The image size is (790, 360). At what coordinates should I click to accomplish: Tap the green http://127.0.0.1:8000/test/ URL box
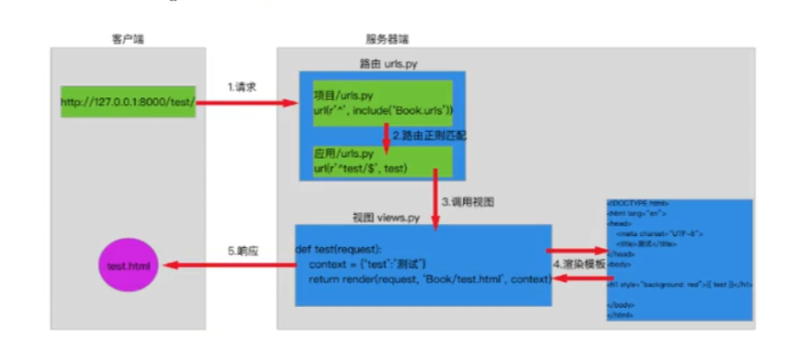coord(127,102)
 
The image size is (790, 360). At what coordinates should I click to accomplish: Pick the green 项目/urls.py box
coord(382,101)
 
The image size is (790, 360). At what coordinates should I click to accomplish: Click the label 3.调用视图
coord(467,201)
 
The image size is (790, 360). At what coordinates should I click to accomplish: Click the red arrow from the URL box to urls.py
coord(247,102)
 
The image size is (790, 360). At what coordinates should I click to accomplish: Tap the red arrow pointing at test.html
coord(225,265)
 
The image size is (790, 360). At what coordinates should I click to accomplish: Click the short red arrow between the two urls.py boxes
coord(386,134)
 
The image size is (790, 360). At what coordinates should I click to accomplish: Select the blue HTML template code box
coord(679,260)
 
